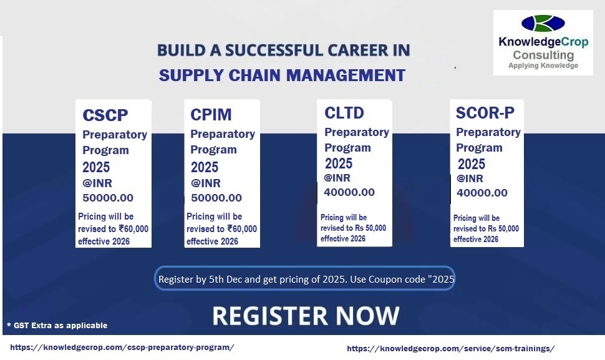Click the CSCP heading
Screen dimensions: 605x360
(105, 115)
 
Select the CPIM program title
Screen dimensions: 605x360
(211, 115)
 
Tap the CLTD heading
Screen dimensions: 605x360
(344, 113)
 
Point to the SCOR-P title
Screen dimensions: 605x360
(485, 113)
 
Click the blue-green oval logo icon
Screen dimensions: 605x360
(543, 24)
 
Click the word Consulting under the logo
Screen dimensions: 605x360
(543, 55)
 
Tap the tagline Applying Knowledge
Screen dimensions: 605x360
(543, 66)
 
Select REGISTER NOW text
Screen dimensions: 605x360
(306, 316)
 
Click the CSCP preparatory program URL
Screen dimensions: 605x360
(122, 348)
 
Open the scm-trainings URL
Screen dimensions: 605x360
(451, 348)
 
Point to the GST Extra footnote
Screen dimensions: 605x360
(57, 325)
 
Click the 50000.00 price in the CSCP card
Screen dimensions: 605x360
(108, 198)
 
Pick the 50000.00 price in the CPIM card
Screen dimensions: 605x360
(216, 198)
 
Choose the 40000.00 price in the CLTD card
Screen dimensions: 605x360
(349, 192)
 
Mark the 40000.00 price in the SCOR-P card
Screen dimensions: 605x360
(482, 193)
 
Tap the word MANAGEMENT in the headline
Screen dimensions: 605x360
(346, 75)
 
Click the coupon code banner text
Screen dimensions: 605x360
(306, 279)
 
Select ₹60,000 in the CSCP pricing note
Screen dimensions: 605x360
(133, 229)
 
